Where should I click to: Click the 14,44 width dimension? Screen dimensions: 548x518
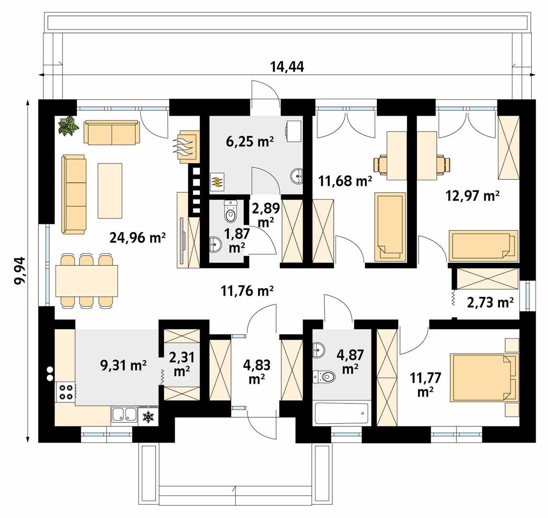pyautogui.click(x=287, y=66)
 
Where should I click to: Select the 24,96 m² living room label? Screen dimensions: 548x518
pyautogui.click(x=137, y=238)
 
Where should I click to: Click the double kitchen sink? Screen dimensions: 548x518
pyautogui.click(x=125, y=414)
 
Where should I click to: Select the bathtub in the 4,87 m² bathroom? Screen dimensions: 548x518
pyautogui.click(x=342, y=414)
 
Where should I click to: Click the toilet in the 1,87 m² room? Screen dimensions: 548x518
pyautogui.click(x=231, y=211)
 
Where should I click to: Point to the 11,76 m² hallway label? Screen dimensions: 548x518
pyautogui.click(x=247, y=291)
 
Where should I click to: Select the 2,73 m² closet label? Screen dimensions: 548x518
pyautogui.click(x=490, y=302)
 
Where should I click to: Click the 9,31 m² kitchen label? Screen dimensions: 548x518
pyautogui.click(x=123, y=365)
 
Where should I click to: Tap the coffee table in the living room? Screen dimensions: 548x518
pyautogui.click(x=110, y=190)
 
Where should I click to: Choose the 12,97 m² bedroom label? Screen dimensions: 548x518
pyautogui.click(x=472, y=196)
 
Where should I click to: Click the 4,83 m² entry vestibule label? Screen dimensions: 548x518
pyautogui.click(x=257, y=372)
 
